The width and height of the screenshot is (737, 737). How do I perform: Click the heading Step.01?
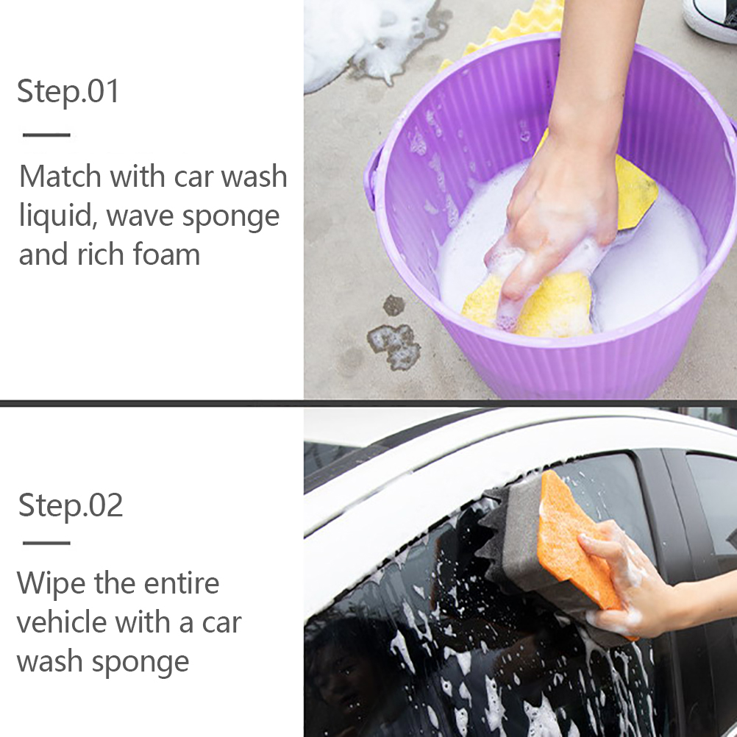point(68,92)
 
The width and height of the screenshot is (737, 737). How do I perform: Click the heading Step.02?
point(71,506)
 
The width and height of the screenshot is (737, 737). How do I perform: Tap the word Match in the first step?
point(60,177)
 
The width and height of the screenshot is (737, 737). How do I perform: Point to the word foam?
point(166,254)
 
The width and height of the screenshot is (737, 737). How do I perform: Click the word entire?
point(182,584)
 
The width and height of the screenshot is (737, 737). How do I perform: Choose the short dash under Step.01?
point(46,135)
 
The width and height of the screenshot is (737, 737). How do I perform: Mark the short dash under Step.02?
point(46,543)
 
